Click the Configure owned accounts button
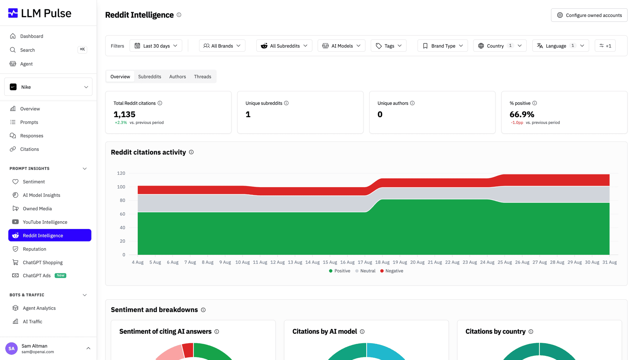click(589, 15)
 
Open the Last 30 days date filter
click(156, 46)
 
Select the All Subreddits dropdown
click(284, 46)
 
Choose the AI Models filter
click(342, 46)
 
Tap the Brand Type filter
click(443, 46)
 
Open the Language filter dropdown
click(561, 46)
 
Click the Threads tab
click(202, 77)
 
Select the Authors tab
click(177, 77)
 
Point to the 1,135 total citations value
click(124, 114)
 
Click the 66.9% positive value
click(522, 114)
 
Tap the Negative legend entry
click(392, 271)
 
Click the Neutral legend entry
click(366, 271)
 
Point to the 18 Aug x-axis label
click(382, 262)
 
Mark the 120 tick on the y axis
click(121, 173)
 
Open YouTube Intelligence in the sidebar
click(45, 222)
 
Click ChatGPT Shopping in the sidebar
click(43, 262)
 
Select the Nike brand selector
click(48, 87)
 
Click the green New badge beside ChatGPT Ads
click(61, 275)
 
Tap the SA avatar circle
click(11, 348)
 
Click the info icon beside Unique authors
click(412, 103)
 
